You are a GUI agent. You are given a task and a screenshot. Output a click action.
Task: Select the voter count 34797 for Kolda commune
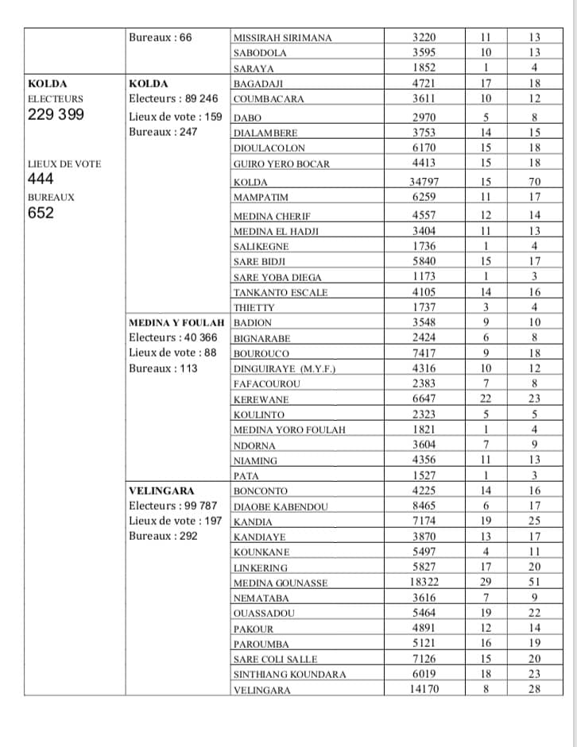pos(424,182)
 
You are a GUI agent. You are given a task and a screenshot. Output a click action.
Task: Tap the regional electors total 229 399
pos(56,114)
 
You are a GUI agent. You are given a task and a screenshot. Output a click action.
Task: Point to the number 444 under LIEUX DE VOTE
pos(41,179)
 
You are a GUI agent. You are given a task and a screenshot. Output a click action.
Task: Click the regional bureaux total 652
pos(41,213)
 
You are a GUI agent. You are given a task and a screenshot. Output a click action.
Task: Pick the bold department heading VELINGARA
pos(161,491)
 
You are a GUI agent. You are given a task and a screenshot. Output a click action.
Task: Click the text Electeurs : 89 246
pos(173,98)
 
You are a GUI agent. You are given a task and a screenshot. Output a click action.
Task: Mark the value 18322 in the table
pos(424,582)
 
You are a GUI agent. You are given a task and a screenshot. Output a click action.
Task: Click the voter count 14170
pos(424,689)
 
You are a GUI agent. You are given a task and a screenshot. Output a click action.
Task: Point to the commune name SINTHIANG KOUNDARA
pos(289,674)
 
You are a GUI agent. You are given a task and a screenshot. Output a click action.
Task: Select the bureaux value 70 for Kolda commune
pos(534,182)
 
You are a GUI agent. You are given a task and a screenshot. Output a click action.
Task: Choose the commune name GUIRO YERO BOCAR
pos(281,164)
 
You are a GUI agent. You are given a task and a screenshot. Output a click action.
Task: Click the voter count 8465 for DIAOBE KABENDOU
pos(424,506)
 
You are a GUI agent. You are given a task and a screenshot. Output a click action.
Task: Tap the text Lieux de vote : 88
pos(172,352)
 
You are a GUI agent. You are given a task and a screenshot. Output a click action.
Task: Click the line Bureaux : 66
pos(160,37)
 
